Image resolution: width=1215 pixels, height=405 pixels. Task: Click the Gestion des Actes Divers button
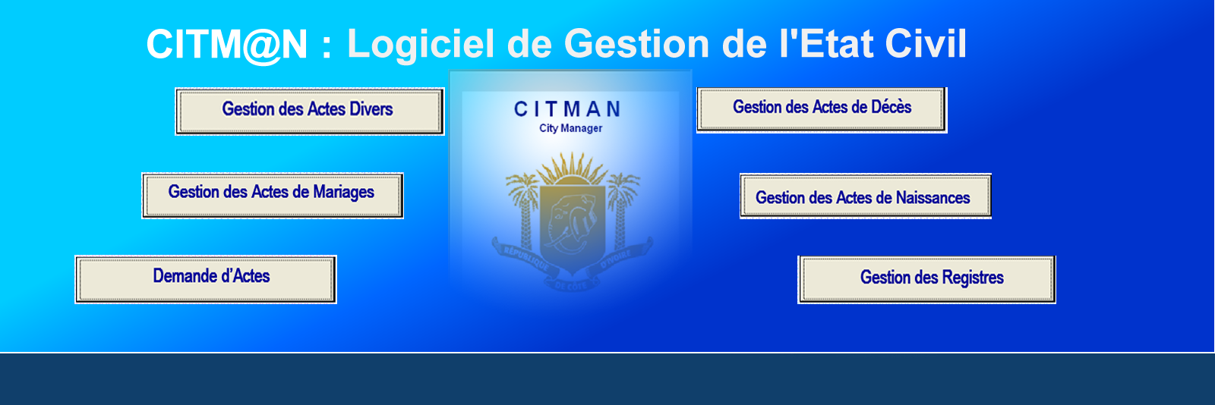pos(309,111)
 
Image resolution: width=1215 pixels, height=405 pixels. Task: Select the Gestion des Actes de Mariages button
pos(273,196)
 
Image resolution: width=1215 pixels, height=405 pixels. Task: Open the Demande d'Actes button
pos(206,279)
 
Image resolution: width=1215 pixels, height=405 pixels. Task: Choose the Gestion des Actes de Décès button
pos(822,110)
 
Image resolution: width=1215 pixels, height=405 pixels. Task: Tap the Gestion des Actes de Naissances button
pos(866,196)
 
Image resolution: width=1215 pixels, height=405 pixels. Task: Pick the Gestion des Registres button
pos(926,279)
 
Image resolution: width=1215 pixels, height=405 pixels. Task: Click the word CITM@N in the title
pos(227,45)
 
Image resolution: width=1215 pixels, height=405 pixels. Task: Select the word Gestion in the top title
pos(637,42)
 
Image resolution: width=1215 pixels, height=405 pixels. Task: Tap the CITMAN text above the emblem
pos(567,108)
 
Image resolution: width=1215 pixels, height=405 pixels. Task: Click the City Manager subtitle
pos(570,128)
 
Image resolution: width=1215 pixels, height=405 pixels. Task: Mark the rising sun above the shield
pos(573,171)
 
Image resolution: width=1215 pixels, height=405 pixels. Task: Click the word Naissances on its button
pos(933,198)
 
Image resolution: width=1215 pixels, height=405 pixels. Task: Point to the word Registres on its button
pos(973,278)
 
